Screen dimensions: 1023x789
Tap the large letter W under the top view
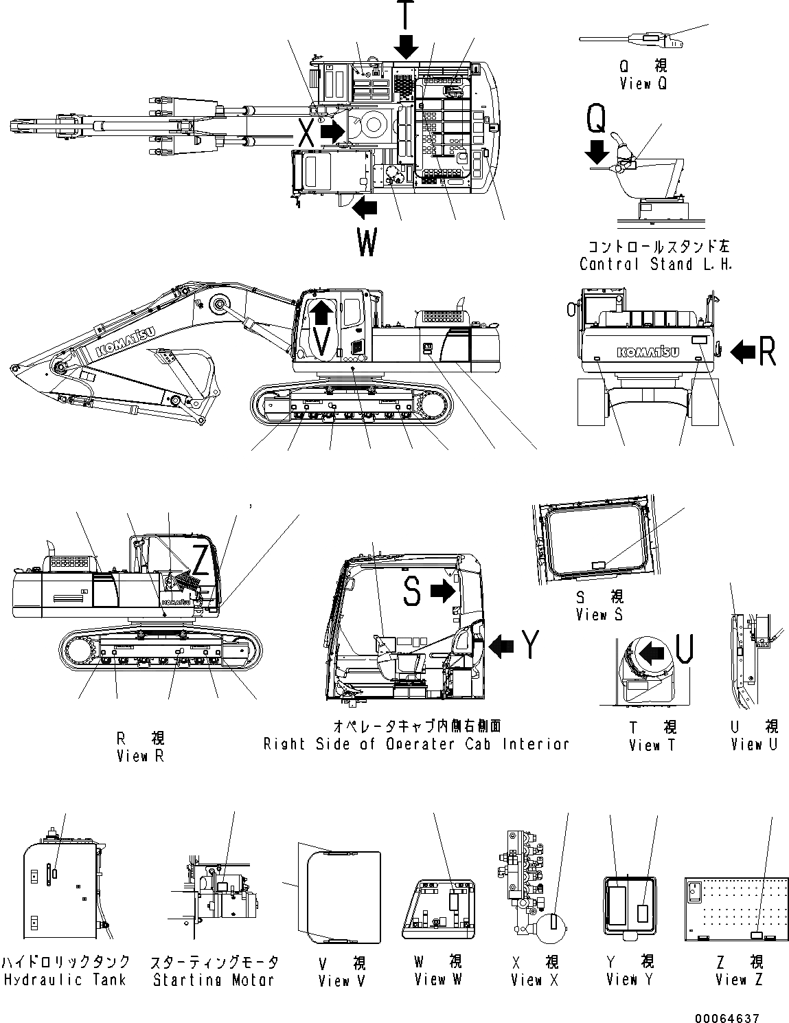[367, 243]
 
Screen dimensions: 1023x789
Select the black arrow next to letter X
[332, 131]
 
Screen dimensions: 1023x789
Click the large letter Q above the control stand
[595, 121]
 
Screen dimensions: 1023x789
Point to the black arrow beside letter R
[741, 352]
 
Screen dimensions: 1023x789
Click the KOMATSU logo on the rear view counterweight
[648, 352]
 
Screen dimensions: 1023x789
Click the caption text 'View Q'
[643, 84]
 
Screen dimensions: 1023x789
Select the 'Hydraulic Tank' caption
[65, 980]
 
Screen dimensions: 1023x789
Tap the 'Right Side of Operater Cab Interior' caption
[416, 744]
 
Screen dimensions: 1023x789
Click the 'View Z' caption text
[739, 980]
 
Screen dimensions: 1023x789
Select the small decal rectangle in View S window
[598, 565]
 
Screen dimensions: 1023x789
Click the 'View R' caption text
[141, 756]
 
